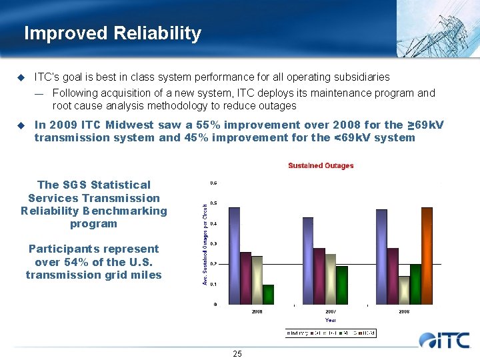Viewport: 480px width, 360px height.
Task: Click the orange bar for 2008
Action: (x=427, y=255)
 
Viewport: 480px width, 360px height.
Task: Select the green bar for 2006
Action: (x=268, y=294)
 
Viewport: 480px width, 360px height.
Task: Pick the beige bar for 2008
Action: (x=403, y=290)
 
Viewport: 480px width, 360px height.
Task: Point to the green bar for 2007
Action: (x=341, y=285)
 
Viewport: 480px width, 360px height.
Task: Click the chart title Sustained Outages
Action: (x=321, y=165)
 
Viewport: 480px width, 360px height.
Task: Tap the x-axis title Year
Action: (x=330, y=320)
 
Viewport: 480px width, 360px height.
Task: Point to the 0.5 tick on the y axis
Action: (x=213, y=203)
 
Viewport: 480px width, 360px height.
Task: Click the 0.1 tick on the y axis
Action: (x=213, y=284)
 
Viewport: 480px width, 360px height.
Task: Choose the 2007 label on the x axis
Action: (x=331, y=311)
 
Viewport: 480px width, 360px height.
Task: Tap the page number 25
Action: (x=237, y=353)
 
